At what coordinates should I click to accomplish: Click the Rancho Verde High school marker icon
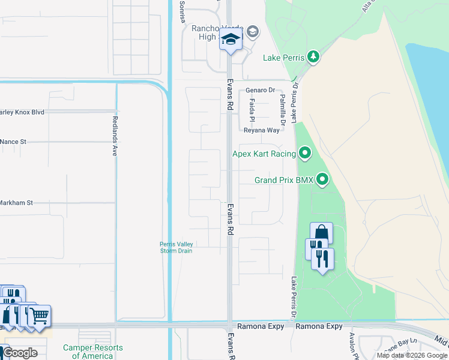tap(230, 40)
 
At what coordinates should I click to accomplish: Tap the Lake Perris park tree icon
tap(313, 57)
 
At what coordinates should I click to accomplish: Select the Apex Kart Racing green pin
tap(306, 154)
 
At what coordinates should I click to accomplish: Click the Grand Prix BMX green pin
tap(323, 179)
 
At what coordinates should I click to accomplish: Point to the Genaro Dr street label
tap(260, 90)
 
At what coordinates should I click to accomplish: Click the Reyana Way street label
tap(262, 130)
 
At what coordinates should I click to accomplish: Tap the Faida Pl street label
tap(252, 110)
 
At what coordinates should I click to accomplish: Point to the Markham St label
tap(16, 203)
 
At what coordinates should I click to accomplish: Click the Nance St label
tap(14, 142)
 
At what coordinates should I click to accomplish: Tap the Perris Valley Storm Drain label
tap(176, 247)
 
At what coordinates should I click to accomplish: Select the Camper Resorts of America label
tap(93, 352)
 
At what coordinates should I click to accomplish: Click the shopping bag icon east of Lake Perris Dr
tap(321, 233)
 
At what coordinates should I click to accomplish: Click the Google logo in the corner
tap(20, 353)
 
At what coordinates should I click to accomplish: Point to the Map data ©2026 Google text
tap(412, 355)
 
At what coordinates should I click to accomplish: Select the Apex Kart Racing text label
tap(264, 154)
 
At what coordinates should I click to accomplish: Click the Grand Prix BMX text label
tap(284, 180)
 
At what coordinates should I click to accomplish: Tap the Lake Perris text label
tap(284, 58)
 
